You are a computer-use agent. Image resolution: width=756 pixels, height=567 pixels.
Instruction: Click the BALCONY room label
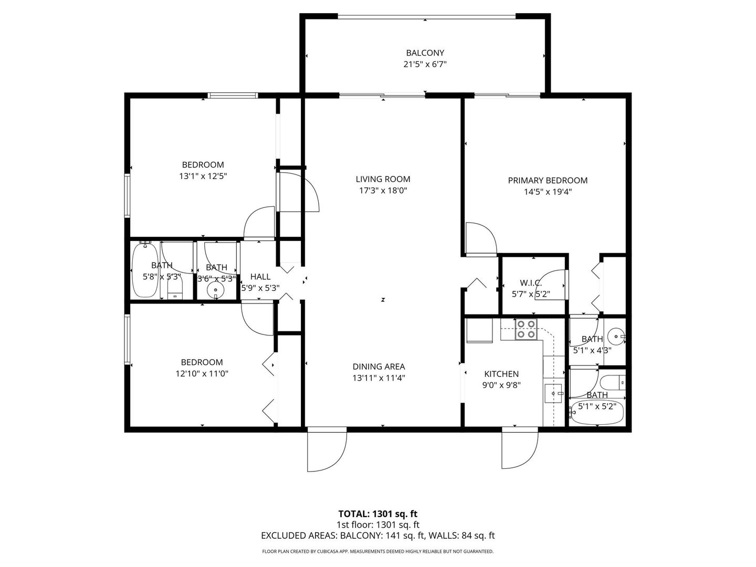click(x=425, y=53)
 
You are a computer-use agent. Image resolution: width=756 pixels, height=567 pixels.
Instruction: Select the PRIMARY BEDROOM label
click(x=548, y=181)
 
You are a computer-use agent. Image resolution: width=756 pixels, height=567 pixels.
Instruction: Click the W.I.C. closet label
click(x=531, y=283)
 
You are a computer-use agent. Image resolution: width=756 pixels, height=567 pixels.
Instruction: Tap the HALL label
click(x=260, y=277)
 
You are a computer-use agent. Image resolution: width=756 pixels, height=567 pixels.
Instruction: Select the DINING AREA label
click(x=379, y=367)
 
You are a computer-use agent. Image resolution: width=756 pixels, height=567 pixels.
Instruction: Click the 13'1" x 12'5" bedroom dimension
click(x=203, y=176)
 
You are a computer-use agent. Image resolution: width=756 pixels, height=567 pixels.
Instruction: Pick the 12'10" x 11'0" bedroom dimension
click(x=202, y=374)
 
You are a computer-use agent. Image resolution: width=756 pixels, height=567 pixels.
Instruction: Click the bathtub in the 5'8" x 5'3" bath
click(x=143, y=270)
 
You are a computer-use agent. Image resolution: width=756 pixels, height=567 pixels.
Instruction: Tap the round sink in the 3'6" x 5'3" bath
click(x=215, y=290)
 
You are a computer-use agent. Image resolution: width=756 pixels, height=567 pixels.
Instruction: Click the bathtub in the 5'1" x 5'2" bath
click(x=596, y=414)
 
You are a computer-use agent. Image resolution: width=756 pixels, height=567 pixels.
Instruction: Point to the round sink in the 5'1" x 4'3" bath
click(x=615, y=335)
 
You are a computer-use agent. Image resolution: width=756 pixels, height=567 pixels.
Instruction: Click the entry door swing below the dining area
click(x=327, y=450)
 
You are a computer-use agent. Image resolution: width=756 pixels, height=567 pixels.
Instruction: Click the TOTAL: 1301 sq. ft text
click(x=377, y=513)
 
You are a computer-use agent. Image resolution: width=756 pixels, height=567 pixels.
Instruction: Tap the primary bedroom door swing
click(x=480, y=239)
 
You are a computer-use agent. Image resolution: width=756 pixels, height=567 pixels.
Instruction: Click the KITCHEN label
click(x=501, y=374)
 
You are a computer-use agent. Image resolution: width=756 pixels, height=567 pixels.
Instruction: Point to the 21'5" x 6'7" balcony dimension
click(x=425, y=65)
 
